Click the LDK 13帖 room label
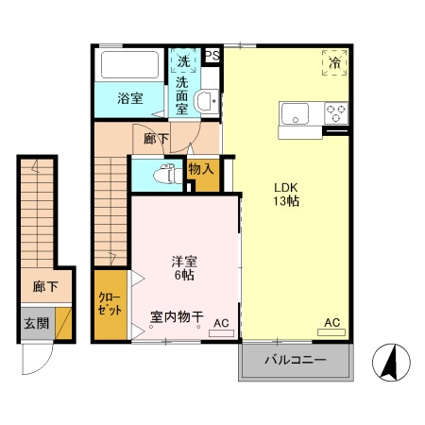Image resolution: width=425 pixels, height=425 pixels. [x=286, y=193]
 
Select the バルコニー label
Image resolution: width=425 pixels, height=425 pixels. [x=295, y=361]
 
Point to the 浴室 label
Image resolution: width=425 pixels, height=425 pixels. [x=129, y=98]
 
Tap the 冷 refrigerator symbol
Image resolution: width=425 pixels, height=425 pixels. [x=334, y=62]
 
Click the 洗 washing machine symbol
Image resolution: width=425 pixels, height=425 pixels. [x=183, y=61]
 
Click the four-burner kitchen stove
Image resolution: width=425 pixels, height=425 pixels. [x=335, y=114]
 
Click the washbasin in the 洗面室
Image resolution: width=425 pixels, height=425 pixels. [x=204, y=101]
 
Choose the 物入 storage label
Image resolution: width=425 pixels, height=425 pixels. [x=200, y=170]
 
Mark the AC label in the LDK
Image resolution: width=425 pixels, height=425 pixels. [x=331, y=323]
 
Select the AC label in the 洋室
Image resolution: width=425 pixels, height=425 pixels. [x=220, y=324]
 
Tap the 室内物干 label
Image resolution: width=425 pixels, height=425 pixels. [x=177, y=317]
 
